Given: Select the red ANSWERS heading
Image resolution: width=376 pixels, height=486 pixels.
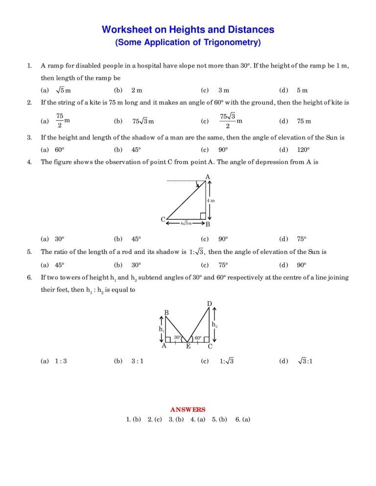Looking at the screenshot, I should pyautogui.click(x=188, y=410).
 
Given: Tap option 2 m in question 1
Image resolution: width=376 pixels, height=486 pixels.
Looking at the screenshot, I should pyautogui.click(x=137, y=90).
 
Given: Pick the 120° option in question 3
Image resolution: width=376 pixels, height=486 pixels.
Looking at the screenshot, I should pyautogui.click(x=304, y=150).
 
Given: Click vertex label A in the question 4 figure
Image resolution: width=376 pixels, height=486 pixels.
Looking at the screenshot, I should pyautogui.click(x=208, y=177).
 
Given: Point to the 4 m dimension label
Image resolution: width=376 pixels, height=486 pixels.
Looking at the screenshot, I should pyautogui.click(x=211, y=201).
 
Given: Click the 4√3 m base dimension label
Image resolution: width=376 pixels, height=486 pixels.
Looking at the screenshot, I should pyautogui.click(x=186, y=224).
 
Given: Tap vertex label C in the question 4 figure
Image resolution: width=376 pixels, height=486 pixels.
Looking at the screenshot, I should pyautogui.click(x=163, y=220).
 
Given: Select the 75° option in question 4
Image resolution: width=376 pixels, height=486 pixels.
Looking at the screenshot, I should pyautogui.click(x=302, y=239).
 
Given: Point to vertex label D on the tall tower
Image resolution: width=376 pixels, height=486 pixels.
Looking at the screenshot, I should pyautogui.click(x=209, y=304).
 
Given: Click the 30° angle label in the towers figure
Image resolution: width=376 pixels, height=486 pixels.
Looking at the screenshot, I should pyautogui.click(x=177, y=338).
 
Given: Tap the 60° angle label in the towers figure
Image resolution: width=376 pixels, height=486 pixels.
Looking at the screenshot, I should pyautogui.click(x=198, y=338).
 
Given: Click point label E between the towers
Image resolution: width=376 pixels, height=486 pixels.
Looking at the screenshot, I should pyautogui.click(x=188, y=347).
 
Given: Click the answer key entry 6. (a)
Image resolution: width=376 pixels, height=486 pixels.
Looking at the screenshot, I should pyautogui.click(x=243, y=419).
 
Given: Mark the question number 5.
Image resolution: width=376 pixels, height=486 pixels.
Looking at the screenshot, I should pyautogui.click(x=29, y=252).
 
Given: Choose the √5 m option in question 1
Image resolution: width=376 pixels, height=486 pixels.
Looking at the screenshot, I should pyautogui.click(x=64, y=90).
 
